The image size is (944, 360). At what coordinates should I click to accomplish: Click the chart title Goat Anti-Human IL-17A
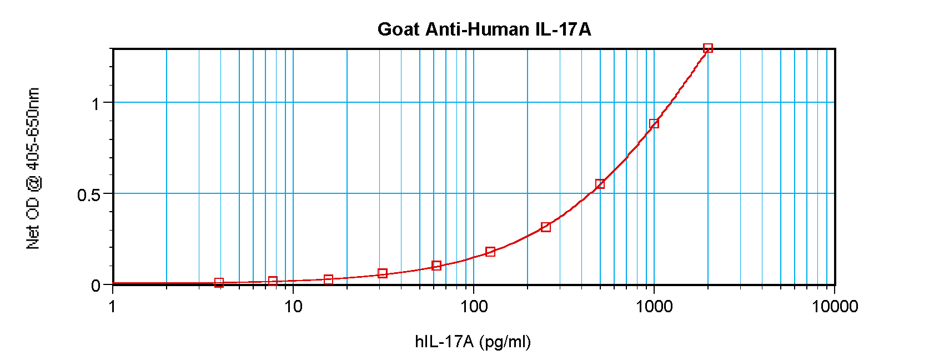[x=484, y=29]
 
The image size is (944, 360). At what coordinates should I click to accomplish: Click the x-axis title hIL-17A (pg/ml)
[x=473, y=341]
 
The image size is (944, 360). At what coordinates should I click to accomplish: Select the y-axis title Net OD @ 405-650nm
[x=33, y=168]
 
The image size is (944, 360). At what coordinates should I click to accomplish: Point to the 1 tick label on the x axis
[x=113, y=306]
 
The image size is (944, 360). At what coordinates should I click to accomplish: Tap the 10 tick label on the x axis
[x=293, y=306]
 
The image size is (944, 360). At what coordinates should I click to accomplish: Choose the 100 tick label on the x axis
[x=474, y=306]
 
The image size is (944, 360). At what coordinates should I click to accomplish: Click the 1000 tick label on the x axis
[x=654, y=306]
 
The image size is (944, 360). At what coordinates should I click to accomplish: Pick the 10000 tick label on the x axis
[x=835, y=306]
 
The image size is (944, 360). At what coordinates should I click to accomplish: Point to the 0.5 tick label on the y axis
[x=89, y=195]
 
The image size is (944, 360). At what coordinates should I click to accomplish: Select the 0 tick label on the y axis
[x=96, y=286]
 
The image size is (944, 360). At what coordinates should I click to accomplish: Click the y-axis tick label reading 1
[x=96, y=104]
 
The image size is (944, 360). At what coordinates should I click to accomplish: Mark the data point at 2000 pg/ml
[x=708, y=48]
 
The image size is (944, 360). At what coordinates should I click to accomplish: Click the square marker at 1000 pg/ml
[x=654, y=123]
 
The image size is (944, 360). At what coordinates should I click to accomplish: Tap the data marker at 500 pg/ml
[x=600, y=184]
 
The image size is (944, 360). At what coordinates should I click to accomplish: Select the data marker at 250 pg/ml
[x=546, y=227]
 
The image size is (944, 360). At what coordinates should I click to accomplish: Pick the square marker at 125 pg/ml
[x=490, y=252]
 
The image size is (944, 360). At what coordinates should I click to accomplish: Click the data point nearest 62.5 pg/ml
[x=436, y=266]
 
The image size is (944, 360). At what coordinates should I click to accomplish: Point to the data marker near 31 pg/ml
[x=383, y=273]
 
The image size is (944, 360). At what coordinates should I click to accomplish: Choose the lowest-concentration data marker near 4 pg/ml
[x=219, y=283]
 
